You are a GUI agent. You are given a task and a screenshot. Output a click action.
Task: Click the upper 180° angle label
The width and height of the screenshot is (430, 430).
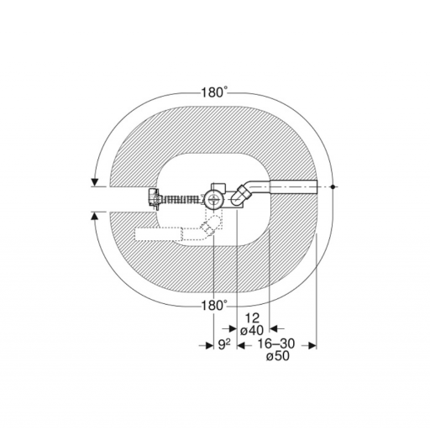[214, 92]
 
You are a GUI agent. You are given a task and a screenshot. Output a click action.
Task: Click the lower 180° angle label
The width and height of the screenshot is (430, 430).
[214, 306]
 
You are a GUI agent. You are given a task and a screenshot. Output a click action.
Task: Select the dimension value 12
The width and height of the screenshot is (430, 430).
[252, 318]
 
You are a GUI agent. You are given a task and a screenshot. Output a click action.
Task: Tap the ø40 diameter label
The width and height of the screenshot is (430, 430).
[252, 331]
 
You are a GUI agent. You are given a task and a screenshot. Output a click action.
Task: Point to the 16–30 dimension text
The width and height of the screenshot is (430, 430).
[276, 343]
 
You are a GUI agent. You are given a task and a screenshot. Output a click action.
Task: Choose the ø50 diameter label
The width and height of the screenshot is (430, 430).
[278, 356]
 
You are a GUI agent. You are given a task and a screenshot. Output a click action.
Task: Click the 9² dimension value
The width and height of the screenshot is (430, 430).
[224, 344]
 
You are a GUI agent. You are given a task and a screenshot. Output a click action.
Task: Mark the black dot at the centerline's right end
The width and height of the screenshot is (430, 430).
[333, 186]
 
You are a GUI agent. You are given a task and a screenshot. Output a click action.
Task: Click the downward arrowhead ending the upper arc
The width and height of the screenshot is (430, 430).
[95, 182]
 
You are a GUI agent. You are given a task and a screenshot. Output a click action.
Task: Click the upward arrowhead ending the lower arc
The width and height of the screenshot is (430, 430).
[95, 216]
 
